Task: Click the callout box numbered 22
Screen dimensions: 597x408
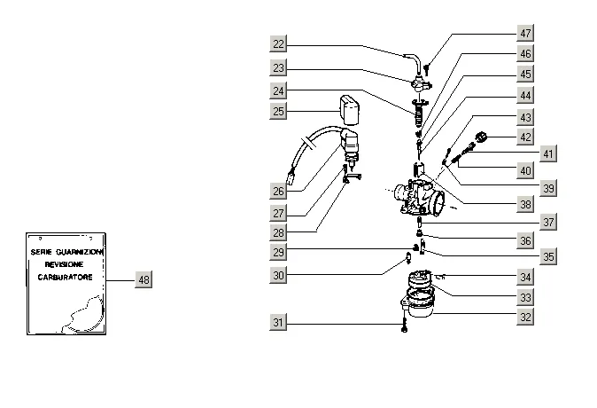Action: pyautogui.click(x=278, y=43)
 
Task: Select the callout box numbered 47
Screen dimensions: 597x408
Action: pyautogui.click(x=525, y=33)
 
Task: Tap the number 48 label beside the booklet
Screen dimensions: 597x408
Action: pyautogui.click(x=143, y=280)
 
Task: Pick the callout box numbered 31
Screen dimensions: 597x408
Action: pyautogui.click(x=278, y=323)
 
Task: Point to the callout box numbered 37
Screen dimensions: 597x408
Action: pyautogui.click(x=548, y=222)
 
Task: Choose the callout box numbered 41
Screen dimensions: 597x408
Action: pyautogui.click(x=548, y=153)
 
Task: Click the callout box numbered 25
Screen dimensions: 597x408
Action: pyautogui.click(x=278, y=112)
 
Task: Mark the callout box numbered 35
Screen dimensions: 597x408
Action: pyautogui.click(x=548, y=256)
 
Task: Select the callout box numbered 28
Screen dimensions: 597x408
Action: pyautogui.click(x=278, y=232)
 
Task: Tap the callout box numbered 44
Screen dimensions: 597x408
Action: pyautogui.click(x=525, y=95)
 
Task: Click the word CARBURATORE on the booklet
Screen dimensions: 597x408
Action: pyautogui.click(x=66, y=278)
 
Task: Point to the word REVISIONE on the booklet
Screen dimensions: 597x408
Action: pyautogui.click(x=64, y=264)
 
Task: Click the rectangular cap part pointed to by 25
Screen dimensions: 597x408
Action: pyautogui.click(x=350, y=110)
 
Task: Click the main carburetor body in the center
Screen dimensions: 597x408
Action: pyautogui.click(x=419, y=197)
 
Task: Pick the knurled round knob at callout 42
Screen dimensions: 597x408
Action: pyautogui.click(x=482, y=137)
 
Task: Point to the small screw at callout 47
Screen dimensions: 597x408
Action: pyautogui.click(x=427, y=69)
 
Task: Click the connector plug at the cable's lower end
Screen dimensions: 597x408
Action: pyautogui.click(x=291, y=177)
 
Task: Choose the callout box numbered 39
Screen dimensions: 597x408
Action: pyautogui.click(x=548, y=188)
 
